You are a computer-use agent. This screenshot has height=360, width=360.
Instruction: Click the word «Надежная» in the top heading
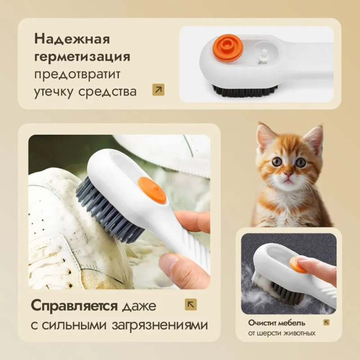point(72,39)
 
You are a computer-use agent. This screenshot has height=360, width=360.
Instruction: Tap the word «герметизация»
point(82,57)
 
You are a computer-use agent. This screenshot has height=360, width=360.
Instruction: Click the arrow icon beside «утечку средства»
point(158,90)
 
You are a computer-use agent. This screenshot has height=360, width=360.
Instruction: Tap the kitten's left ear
point(266,137)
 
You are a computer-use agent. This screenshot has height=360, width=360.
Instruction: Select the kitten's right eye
point(301,162)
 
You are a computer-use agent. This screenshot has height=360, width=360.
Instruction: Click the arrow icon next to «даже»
point(191,305)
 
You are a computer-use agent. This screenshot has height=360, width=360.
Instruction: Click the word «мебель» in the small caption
point(292,323)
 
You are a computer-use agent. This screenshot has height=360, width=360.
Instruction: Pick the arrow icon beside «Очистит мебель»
point(327,322)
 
